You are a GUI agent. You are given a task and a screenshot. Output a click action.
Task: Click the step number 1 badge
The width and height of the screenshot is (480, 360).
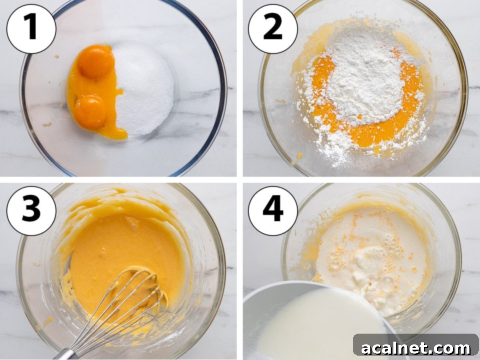tap(31, 29)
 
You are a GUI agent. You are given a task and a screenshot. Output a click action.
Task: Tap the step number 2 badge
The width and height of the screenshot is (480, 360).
tap(273, 29)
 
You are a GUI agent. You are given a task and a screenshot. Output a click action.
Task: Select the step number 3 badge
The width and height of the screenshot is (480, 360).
tap(31, 211)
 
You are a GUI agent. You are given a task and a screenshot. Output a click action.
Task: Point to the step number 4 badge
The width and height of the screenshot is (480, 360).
tap(273, 211)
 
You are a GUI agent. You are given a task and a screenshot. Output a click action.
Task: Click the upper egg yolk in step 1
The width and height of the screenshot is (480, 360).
tap(95, 61)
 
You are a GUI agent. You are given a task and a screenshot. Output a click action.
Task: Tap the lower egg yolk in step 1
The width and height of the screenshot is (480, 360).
tap(90, 112)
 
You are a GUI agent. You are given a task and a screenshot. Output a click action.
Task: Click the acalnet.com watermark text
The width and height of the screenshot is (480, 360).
tap(416, 348)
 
